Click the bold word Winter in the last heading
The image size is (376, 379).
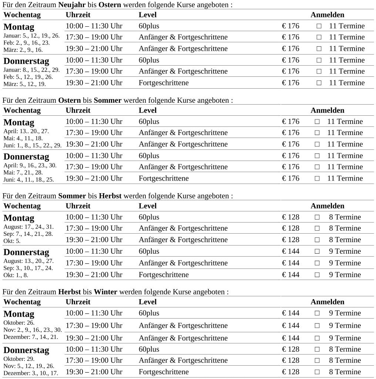pyautogui.click(x=105, y=292)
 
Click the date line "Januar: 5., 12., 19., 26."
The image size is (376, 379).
pyautogui.click(x=31, y=36)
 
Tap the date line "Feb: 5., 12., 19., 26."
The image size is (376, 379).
pyautogui.click(x=28, y=77)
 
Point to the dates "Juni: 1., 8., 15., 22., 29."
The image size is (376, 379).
pyautogui.click(x=33, y=145)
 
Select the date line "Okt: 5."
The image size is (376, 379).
pyautogui.click(x=12, y=241)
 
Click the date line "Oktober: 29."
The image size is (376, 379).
pyautogui.click(x=19, y=359)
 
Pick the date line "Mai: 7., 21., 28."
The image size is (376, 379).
pyautogui.click(x=23, y=172)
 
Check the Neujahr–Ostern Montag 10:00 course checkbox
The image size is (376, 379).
pyautogui.click(x=319, y=26)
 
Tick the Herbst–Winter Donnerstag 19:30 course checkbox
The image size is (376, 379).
pyautogui.click(x=317, y=372)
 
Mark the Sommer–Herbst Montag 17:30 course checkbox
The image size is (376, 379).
pyautogui.click(x=317, y=228)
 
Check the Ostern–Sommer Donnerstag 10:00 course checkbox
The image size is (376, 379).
pyautogui.click(x=317, y=156)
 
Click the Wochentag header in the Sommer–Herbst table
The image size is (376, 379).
pyautogui.click(x=22, y=206)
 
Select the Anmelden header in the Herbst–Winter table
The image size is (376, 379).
pyautogui.click(x=327, y=302)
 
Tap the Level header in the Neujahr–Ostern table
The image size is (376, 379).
pyautogui.click(x=148, y=15)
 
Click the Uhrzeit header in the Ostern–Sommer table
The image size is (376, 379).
pyautogui.click(x=78, y=110)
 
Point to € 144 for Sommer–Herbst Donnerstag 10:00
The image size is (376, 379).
pyautogui.click(x=291, y=251)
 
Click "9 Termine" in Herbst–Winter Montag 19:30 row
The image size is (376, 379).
pyautogui.click(x=345, y=338)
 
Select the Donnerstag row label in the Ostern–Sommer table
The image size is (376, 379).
pyautogui.click(x=26, y=156)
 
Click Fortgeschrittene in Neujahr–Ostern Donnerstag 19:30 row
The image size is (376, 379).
pyautogui.click(x=164, y=83)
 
